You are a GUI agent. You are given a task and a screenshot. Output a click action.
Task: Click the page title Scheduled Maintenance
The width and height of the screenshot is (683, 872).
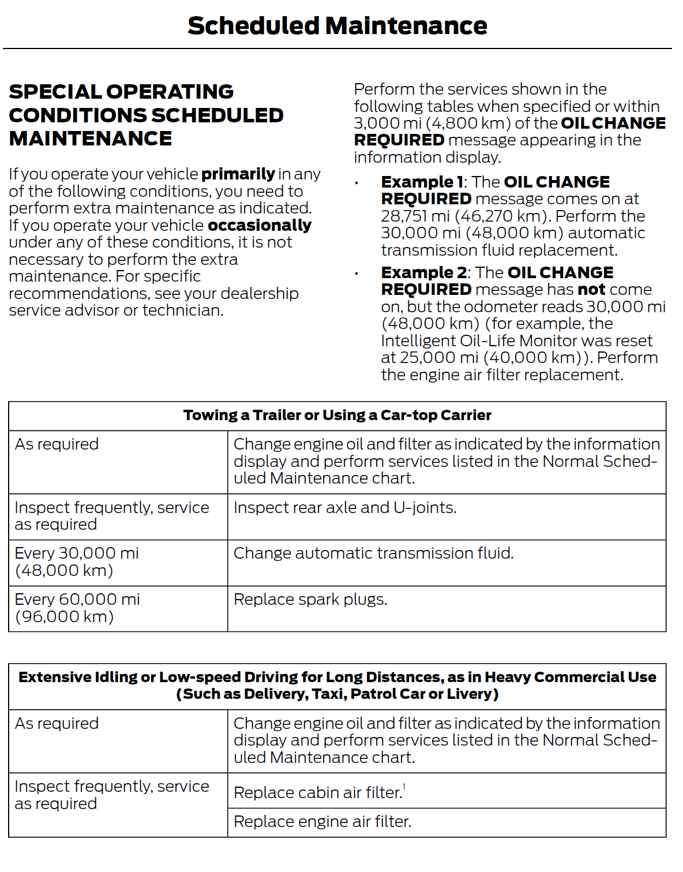click(337, 26)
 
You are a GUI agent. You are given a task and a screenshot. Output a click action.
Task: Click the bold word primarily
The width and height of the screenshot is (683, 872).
click(238, 174)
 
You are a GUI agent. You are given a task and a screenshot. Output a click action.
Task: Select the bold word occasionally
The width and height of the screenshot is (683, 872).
click(259, 225)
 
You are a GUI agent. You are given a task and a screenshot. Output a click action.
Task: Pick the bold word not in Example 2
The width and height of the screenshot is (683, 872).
click(591, 289)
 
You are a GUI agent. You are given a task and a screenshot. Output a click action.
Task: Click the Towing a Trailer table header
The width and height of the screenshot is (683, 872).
click(337, 416)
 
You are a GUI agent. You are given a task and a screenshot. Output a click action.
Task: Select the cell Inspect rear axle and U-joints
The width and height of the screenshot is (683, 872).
click(345, 508)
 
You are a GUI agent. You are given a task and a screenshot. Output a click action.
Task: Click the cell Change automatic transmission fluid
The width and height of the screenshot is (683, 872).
click(373, 553)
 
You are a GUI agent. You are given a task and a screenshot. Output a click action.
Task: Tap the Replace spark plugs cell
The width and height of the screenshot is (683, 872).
click(310, 600)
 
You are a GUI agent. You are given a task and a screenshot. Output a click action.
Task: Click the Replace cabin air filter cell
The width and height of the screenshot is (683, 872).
click(318, 793)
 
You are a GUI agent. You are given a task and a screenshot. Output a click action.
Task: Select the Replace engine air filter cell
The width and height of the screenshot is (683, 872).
click(322, 822)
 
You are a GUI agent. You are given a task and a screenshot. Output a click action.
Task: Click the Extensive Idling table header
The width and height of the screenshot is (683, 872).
click(337, 686)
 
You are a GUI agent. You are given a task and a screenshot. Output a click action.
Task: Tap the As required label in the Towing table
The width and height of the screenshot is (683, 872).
click(57, 444)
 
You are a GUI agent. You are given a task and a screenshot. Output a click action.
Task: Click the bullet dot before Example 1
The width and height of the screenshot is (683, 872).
click(357, 184)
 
